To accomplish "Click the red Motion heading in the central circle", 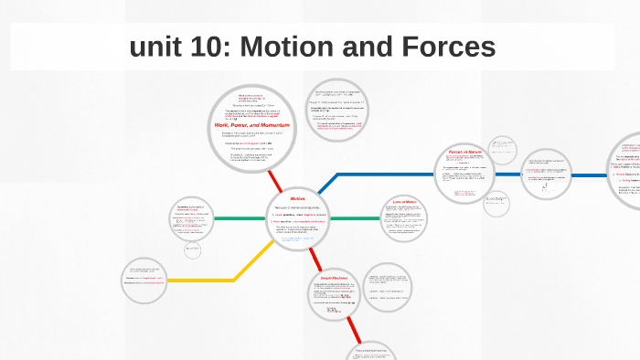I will point(298,198).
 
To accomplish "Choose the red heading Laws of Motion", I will point(403,202).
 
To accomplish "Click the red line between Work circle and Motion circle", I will point(275,181).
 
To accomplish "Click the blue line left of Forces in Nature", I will point(384,173).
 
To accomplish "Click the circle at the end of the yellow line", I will point(144,281).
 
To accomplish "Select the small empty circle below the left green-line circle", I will point(192,249).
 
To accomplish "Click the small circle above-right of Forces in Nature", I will point(503,148).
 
